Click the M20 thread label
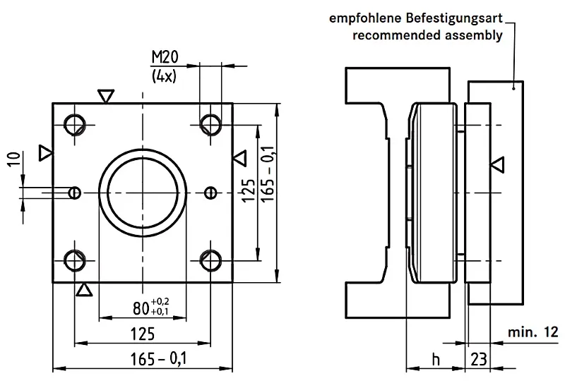click(x=164, y=57)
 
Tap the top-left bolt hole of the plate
click(x=73, y=125)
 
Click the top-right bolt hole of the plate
click(x=209, y=125)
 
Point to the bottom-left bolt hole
click(x=73, y=260)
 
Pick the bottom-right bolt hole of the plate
click(x=209, y=260)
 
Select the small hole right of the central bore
click(x=209, y=192)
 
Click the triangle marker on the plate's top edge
click(x=106, y=96)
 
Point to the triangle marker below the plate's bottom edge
click(x=84, y=289)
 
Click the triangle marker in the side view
click(x=498, y=165)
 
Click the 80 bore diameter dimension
click(x=150, y=308)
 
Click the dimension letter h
click(x=436, y=359)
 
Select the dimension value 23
click(x=478, y=359)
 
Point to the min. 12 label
click(x=531, y=332)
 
